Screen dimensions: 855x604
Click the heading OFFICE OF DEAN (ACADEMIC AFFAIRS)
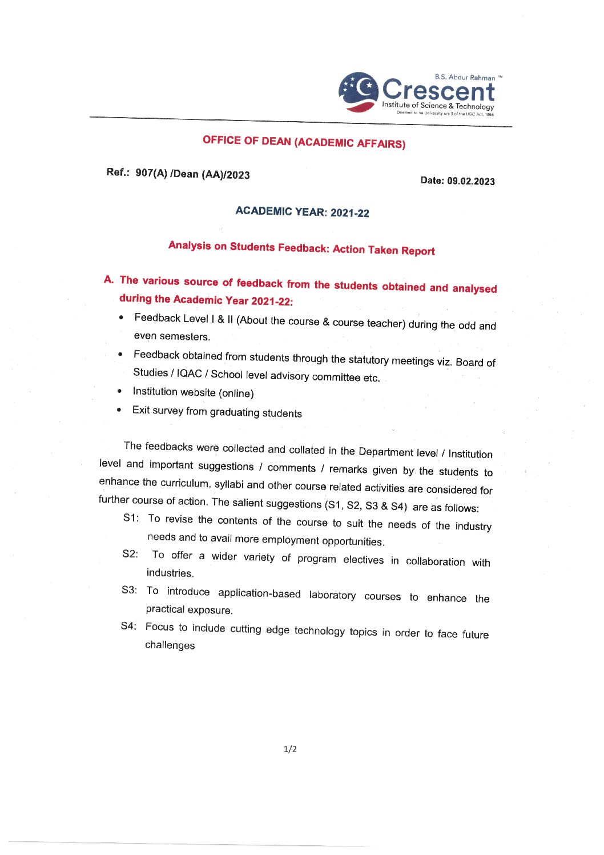click(304, 142)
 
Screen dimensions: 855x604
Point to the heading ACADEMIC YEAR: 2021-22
click(302, 212)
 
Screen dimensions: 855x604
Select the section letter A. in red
click(108, 280)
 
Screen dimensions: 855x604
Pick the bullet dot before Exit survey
click(118, 410)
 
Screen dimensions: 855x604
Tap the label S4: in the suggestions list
click(128, 626)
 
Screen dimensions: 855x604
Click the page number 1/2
click(290, 749)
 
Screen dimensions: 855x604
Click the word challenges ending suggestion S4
click(170, 645)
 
